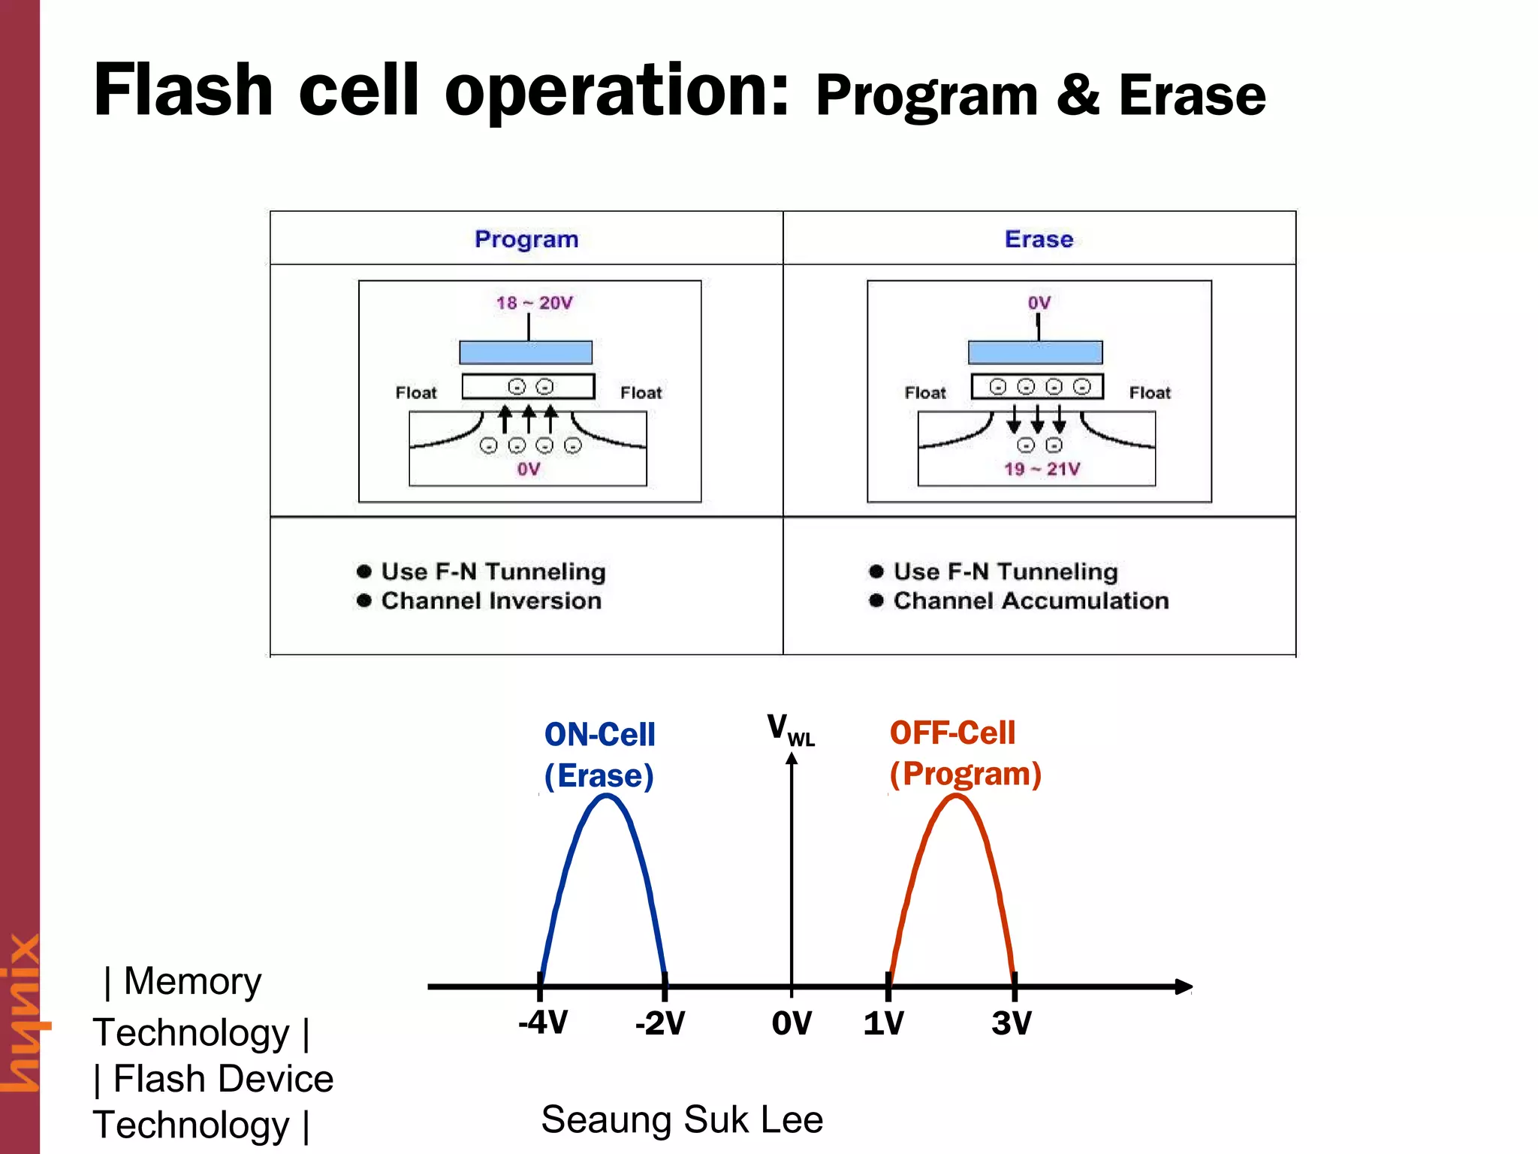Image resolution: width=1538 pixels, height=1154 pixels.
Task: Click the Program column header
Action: [x=526, y=239]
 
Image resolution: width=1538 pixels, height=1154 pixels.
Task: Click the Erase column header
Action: [x=1039, y=239]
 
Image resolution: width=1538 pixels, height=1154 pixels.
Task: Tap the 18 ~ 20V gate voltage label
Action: [x=534, y=303]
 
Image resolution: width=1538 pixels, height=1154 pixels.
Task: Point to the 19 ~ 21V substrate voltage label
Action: [x=1042, y=470]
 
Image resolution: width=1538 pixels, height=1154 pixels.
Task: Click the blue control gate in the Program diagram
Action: [x=526, y=352]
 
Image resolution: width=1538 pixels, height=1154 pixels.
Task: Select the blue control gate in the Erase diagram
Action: [x=1035, y=352]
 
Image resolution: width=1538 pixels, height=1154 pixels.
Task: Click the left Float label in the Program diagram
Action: [x=416, y=393]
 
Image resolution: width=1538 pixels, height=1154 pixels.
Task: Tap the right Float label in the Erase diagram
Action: [x=1150, y=393]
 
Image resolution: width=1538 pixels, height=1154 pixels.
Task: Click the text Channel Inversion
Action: [x=491, y=601]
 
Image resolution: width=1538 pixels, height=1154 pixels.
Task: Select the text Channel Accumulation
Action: [x=1030, y=601]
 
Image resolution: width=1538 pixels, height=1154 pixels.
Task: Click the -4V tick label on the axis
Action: [x=543, y=1023]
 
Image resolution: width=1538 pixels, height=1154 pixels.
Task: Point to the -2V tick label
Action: [x=660, y=1023]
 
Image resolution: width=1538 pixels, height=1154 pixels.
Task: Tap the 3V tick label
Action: [x=1012, y=1023]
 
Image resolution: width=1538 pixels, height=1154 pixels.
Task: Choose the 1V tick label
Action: [x=883, y=1023]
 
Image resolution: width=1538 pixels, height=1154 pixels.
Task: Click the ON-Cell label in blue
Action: [x=599, y=735]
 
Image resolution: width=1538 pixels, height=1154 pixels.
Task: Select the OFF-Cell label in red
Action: [x=952, y=733]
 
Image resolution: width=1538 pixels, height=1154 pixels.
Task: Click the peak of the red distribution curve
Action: [x=955, y=797]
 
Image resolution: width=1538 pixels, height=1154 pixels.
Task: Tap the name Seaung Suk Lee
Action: [x=682, y=1119]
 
